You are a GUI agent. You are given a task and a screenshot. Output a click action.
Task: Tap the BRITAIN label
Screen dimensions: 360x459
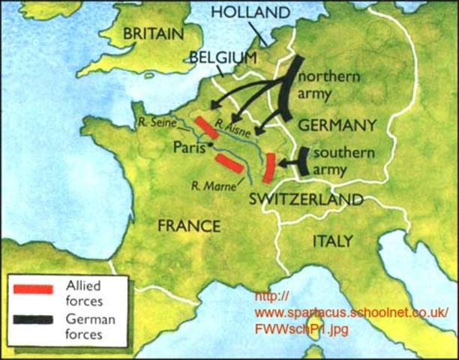tap(153, 34)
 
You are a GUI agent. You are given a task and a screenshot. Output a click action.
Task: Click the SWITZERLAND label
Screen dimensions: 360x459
tap(306, 199)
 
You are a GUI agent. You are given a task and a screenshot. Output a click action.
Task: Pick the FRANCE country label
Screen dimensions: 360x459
tap(188, 226)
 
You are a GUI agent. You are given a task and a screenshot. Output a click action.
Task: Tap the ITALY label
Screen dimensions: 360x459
tap(331, 241)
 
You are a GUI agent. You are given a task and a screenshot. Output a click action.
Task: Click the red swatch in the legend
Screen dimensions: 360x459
tap(32, 288)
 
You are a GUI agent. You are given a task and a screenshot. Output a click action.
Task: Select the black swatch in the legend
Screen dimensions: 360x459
tap(32, 320)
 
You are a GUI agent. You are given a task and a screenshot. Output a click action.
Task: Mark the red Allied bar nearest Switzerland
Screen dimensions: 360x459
tap(268, 168)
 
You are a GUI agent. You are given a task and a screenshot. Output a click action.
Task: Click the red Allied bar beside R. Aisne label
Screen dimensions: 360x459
tap(205, 127)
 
